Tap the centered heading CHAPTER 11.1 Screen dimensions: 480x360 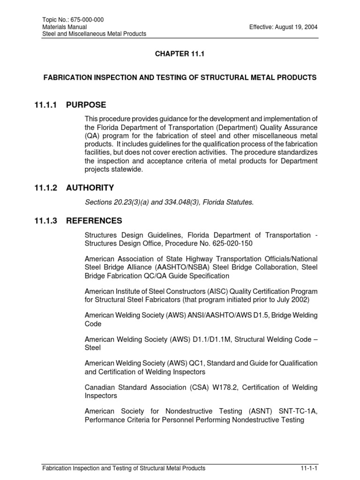(x=180, y=54)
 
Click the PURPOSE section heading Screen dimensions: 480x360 (x=86, y=105)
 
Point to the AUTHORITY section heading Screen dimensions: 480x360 (x=90, y=188)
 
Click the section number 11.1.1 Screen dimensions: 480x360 (x=46, y=105)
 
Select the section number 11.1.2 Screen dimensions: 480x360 (x=46, y=188)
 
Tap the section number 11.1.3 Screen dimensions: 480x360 (x=46, y=221)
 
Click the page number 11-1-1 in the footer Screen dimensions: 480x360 (x=309, y=468)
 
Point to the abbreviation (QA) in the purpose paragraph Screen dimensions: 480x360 (x=91, y=135)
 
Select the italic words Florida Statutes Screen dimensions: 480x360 (x=229, y=202)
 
